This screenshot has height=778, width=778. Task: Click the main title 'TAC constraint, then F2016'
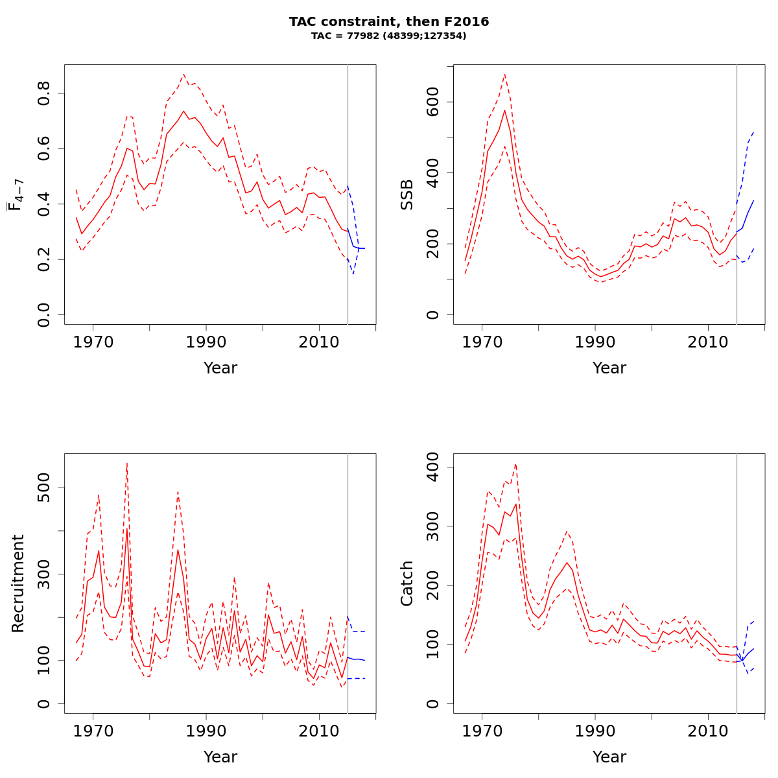click(x=389, y=21)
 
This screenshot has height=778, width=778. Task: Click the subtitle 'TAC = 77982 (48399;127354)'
click(x=389, y=36)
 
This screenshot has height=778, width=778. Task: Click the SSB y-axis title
click(x=407, y=194)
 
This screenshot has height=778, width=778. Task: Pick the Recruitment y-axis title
click(x=18, y=583)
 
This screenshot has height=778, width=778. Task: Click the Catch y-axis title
click(x=407, y=583)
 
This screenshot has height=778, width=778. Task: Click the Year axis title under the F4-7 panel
click(x=220, y=368)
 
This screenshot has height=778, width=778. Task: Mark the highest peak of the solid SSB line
click(x=504, y=110)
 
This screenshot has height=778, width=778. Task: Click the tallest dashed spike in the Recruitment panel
click(x=127, y=463)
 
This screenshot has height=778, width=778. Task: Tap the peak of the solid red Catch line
click(x=516, y=504)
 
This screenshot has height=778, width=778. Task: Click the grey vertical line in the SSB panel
click(x=737, y=194)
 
